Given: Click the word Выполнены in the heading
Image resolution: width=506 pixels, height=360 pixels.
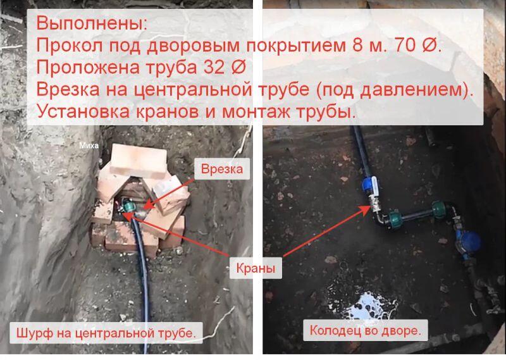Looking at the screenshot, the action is (91, 23).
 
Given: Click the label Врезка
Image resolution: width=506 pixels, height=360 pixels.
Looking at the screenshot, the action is (222, 169).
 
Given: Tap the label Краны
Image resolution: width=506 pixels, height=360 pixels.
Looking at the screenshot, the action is (256, 268).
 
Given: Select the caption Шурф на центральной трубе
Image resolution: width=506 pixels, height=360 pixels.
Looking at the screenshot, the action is (106, 333).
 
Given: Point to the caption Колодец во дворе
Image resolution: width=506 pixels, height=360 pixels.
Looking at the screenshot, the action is (366, 330).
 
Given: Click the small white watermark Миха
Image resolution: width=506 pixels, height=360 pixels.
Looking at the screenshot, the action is (89, 146).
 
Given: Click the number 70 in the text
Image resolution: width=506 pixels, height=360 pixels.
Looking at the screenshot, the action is (405, 45).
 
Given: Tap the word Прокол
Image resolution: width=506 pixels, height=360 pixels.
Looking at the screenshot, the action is (70, 45).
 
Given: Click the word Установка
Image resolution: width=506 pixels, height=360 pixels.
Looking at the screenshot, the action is (83, 112).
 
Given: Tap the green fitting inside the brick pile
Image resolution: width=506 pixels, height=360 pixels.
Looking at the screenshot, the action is (128, 206).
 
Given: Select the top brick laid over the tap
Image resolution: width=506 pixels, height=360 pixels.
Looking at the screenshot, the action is (139, 161).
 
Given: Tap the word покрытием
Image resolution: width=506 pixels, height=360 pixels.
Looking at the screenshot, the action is (296, 45).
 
